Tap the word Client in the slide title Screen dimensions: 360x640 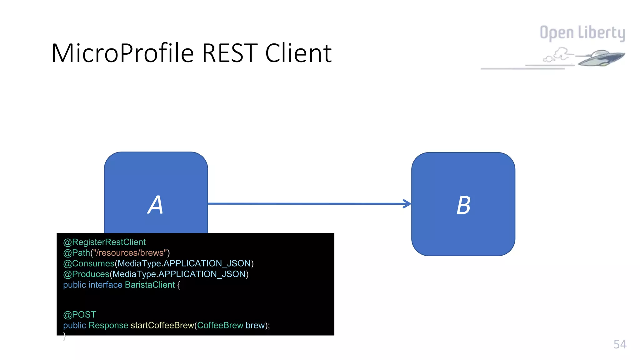pyautogui.click(x=298, y=53)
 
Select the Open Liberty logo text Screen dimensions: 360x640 pyautogui.click(x=582, y=33)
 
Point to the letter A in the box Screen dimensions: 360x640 pyautogui.click(x=155, y=205)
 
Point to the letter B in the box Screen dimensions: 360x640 pyautogui.click(x=463, y=205)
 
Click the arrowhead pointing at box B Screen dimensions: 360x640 pyautogui.click(x=407, y=204)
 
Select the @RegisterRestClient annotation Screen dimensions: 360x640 pyautogui.click(x=104, y=242)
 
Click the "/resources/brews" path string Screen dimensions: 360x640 pyautogui.click(x=130, y=253)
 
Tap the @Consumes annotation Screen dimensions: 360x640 pyautogui.click(x=89, y=263)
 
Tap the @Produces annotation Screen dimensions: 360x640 pyautogui.click(x=86, y=274)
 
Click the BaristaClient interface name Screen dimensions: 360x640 pyautogui.click(x=150, y=285)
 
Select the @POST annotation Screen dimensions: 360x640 pyautogui.click(x=79, y=314)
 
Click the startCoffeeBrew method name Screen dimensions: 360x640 pyautogui.click(x=162, y=325)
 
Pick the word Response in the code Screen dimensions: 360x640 pyautogui.click(x=108, y=325)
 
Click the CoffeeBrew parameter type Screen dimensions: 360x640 pyautogui.click(x=220, y=325)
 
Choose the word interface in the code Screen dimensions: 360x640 pyautogui.click(x=105, y=285)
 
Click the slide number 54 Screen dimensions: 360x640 pyautogui.click(x=620, y=344)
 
